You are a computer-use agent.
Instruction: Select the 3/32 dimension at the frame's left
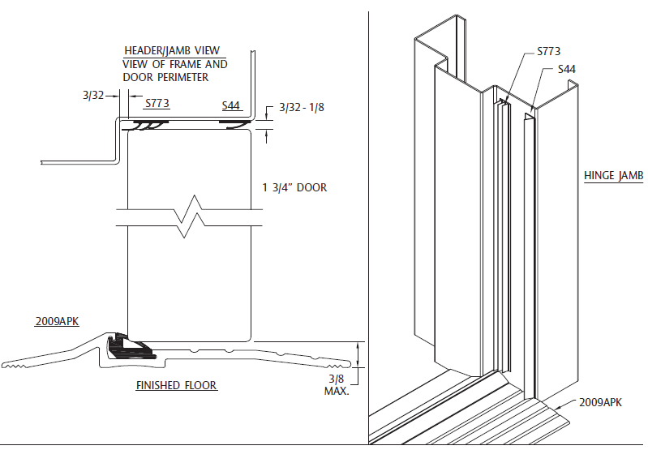(x=92, y=95)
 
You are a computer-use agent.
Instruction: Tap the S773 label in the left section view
(x=157, y=104)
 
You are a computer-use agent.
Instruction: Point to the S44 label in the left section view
(x=231, y=105)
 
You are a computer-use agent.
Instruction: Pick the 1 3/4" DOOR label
(x=294, y=188)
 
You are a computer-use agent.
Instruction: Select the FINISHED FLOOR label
(x=176, y=385)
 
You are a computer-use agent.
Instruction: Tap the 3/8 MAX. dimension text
(x=336, y=384)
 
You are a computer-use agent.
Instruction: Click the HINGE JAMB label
(x=613, y=176)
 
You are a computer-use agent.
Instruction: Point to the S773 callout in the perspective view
(x=548, y=51)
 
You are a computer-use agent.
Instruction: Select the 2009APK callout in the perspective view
(x=601, y=402)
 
